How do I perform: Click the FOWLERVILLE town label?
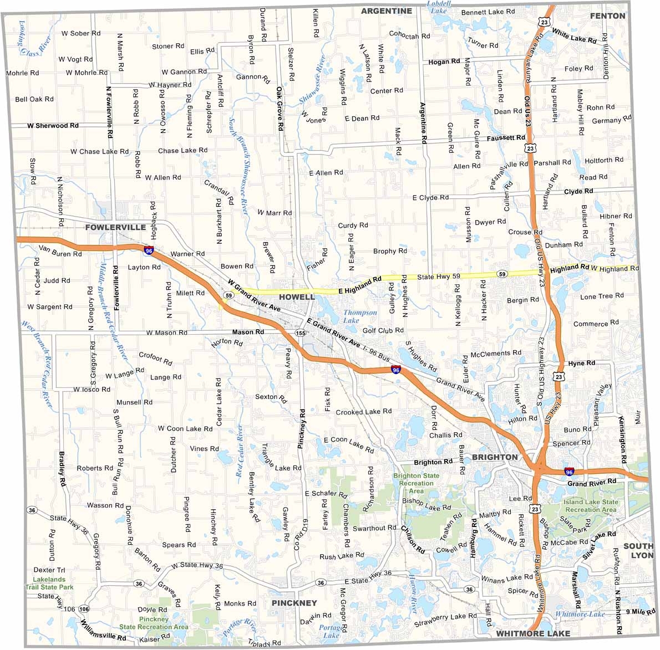tap(115, 227)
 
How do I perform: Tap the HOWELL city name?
tap(297, 297)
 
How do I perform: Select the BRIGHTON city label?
tap(495, 457)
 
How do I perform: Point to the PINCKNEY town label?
tap(294, 603)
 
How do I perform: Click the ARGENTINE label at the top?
tap(387, 11)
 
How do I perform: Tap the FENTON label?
tap(607, 16)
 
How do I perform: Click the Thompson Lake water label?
tap(360, 316)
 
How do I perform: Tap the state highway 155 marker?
tap(301, 333)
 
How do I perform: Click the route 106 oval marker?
tap(84, 609)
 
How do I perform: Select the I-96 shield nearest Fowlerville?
tap(149, 251)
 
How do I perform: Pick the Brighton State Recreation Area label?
tap(416, 483)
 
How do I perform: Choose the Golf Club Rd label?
tap(383, 331)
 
